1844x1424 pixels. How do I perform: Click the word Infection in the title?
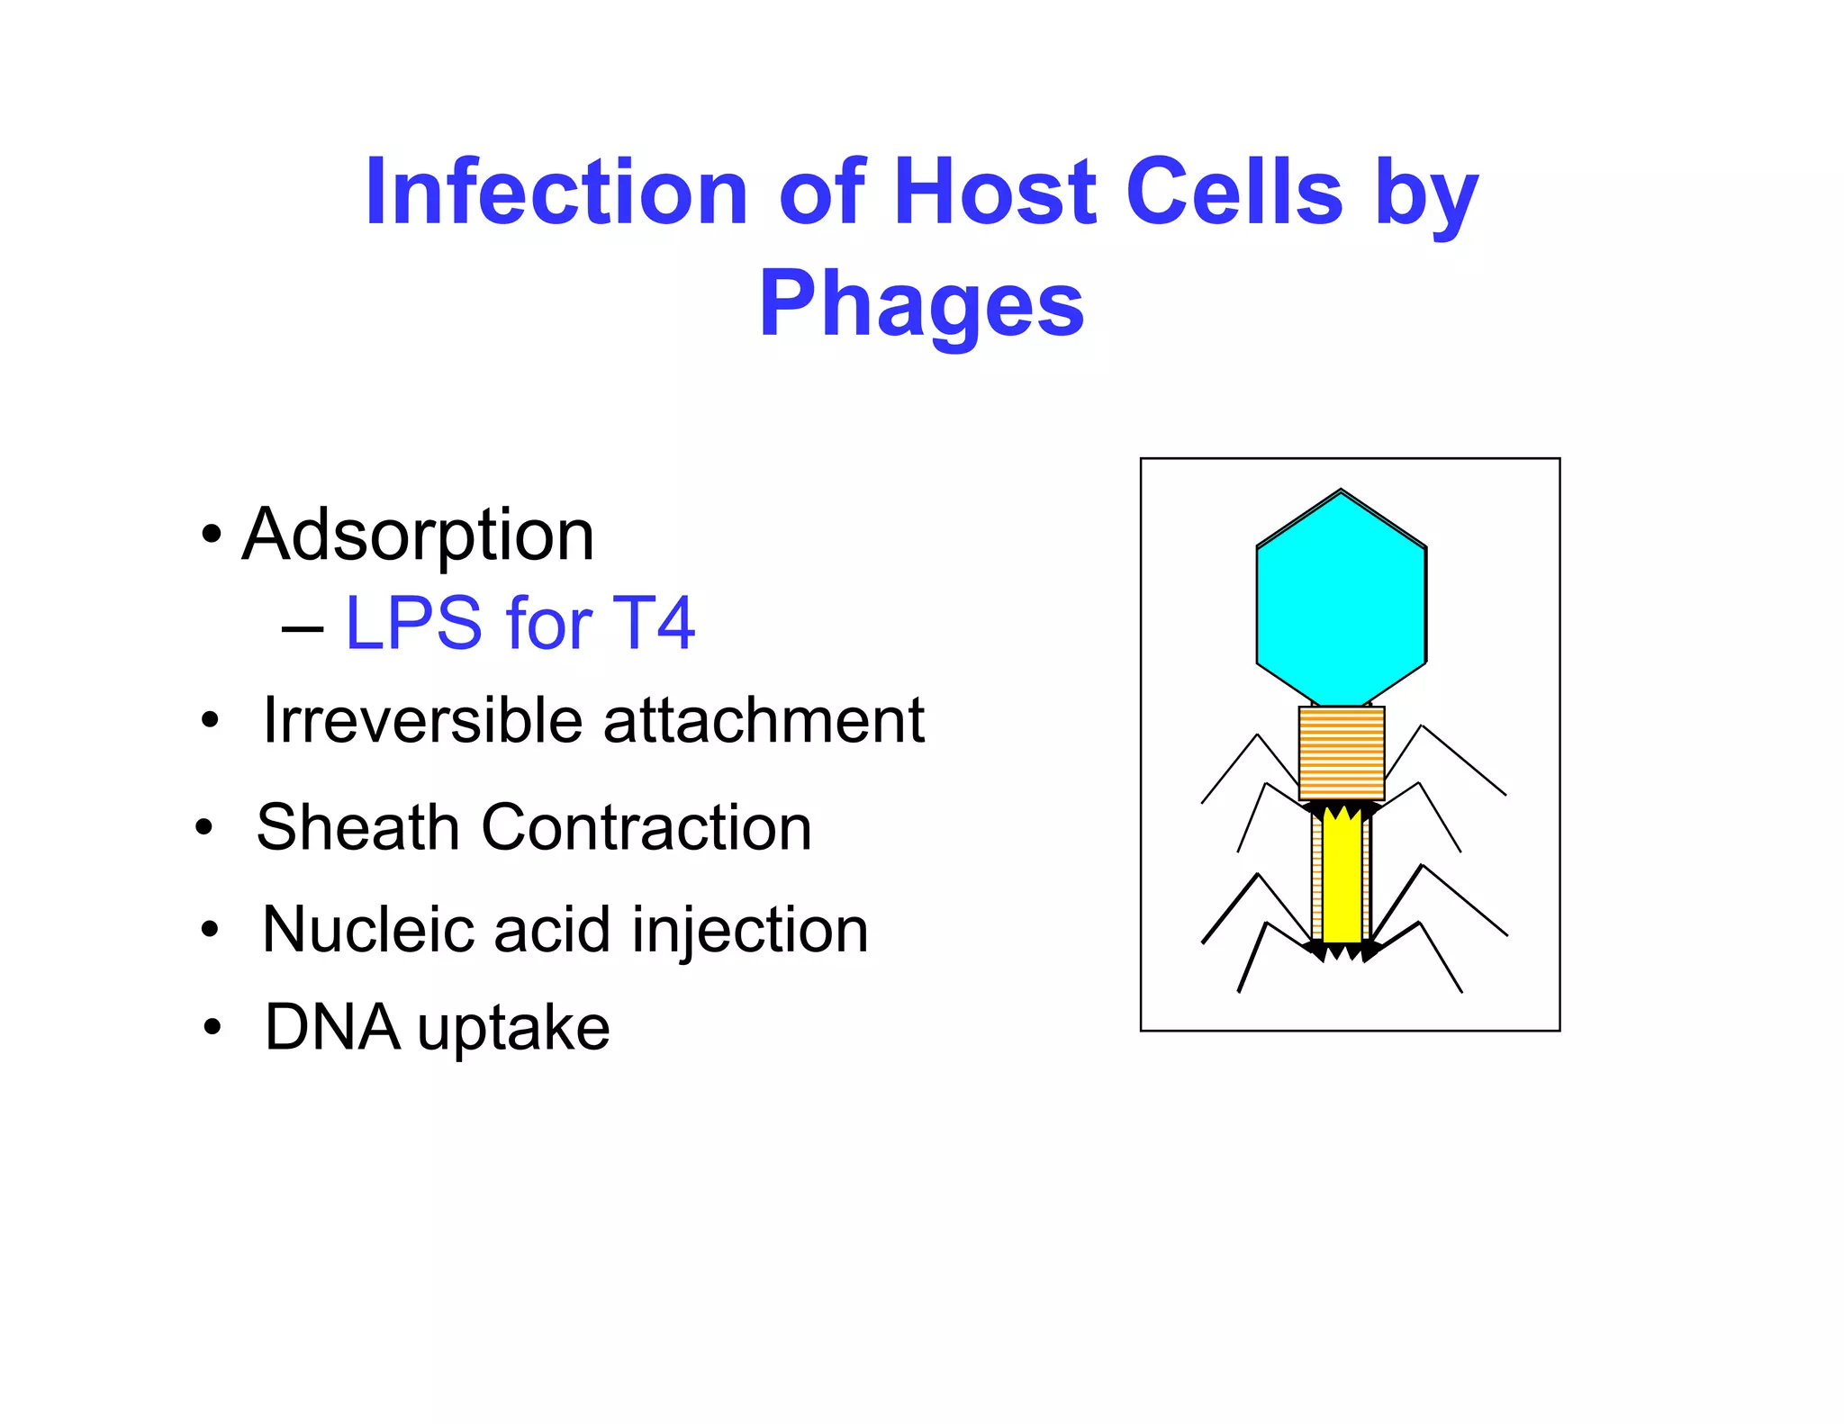[556, 192]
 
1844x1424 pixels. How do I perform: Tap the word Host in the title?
[995, 192]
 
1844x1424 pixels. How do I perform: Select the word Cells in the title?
[1234, 192]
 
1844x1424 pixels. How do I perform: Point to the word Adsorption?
[418, 536]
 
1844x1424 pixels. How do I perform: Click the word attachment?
[764, 721]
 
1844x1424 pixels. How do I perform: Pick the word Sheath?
[357, 827]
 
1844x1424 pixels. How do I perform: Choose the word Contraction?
[646, 827]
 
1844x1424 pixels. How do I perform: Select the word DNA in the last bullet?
[332, 1027]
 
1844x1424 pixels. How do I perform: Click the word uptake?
[513, 1031]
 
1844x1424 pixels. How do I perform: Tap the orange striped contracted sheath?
[1341, 753]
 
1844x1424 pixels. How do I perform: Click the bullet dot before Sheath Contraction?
[204, 827]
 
